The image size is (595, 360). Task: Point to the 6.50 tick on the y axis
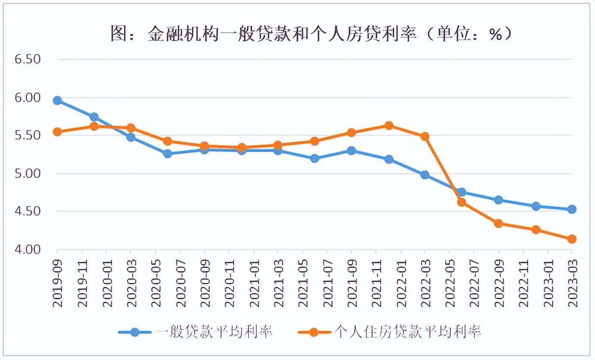click(x=27, y=59)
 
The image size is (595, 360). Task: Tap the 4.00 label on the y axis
click(x=27, y=250)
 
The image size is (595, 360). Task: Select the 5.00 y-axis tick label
click(x=27, y=174)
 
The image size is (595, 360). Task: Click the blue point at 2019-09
click(x=57, y=101)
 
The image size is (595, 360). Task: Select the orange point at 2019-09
click(x=57, y=132)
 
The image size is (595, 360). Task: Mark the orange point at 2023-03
click(x=572, y=239)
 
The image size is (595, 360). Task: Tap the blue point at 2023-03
click(x=572, y=209)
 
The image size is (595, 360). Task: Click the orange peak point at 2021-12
click(x=389, y=125)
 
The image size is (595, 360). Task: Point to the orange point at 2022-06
click(x=462, y=202)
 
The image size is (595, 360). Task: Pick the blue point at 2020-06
click(x=167, y=154)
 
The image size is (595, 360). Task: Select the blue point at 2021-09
click(x=352, y=151)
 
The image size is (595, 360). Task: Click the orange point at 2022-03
click(x=425, y=137)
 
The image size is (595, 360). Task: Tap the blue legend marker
click(x=135, y=332)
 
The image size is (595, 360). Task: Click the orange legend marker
click(x=314, y=332)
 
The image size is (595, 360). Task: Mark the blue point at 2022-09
click(x=498, y=200)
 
